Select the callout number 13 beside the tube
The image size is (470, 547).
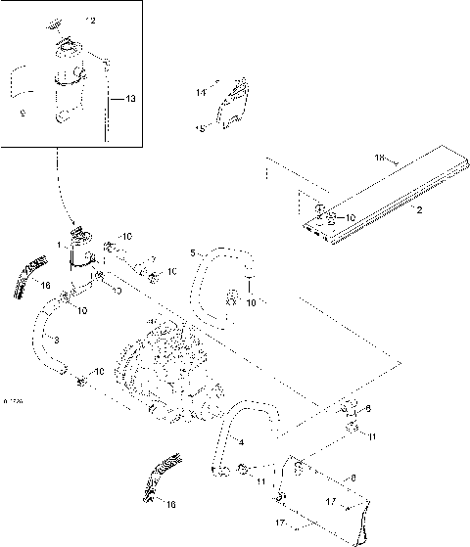(x=130, y=98)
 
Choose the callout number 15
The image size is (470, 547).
(x=201, y=127)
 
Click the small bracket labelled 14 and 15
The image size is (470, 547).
(x=233, y=104)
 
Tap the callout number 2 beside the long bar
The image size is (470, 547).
(x=418, y=209)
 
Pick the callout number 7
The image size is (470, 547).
(x=153, y=259)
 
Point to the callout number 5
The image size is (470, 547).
(x=194, y=253)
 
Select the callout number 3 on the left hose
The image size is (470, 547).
(x=56, y=340)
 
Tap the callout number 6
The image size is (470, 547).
(x=368, y=409)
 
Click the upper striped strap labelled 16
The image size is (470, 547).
(x=30, y=274)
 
